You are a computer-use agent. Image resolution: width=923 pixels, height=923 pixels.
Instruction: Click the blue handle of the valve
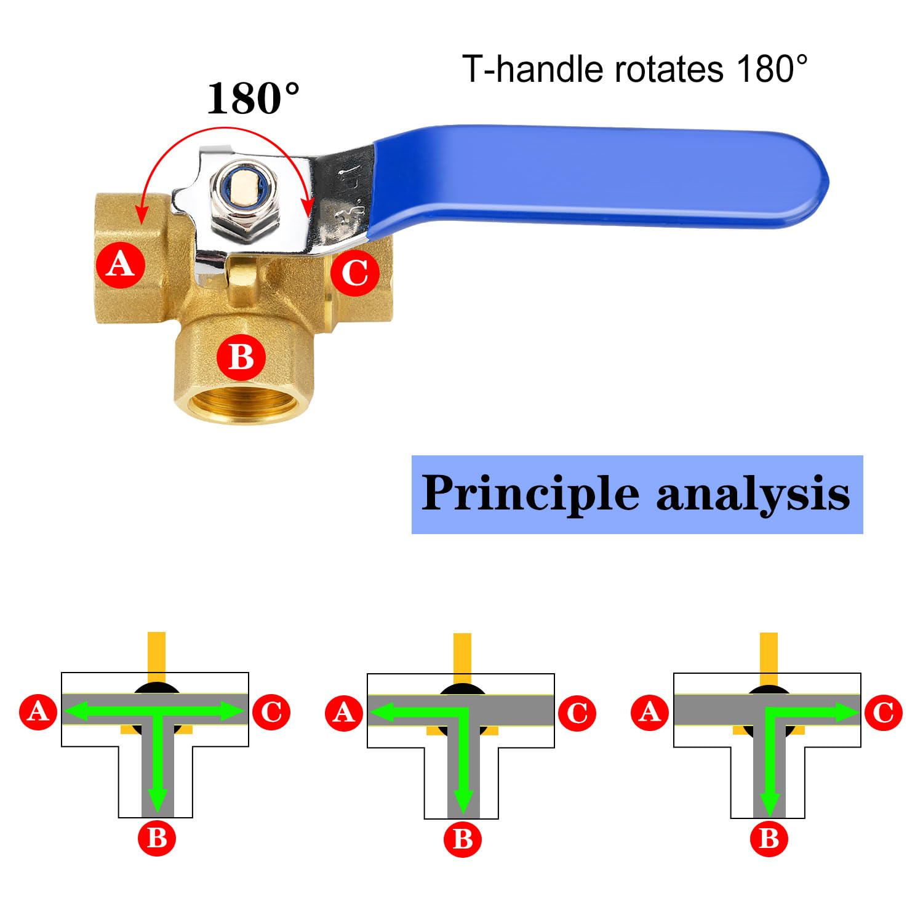point(600,175)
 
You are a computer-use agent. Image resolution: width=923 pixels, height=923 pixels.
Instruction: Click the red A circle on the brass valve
point(121,265)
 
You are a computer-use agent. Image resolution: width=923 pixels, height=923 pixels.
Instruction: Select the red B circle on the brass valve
point(241,357)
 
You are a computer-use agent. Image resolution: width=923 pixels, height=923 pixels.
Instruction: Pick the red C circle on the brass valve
point(355,273)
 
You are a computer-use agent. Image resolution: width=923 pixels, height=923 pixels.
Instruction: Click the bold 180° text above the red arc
point(253,98)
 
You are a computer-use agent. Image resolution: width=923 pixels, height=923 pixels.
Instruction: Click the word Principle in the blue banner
point(530,494)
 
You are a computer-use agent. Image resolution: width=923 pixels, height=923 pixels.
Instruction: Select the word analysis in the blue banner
point(754,494)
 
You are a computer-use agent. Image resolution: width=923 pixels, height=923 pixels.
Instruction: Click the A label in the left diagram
point(38,712)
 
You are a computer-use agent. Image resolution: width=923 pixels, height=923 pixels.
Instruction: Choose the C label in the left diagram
point(271,712)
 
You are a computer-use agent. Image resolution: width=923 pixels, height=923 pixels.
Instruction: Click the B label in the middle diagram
point(463,839)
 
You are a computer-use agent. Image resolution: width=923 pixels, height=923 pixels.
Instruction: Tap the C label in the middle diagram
point(577,713)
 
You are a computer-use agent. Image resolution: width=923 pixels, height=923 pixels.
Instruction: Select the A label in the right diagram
point(650,713)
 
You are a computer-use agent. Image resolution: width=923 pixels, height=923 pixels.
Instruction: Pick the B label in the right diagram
point(769,839)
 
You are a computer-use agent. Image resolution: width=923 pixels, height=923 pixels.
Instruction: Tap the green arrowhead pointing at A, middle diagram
point(382,713)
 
